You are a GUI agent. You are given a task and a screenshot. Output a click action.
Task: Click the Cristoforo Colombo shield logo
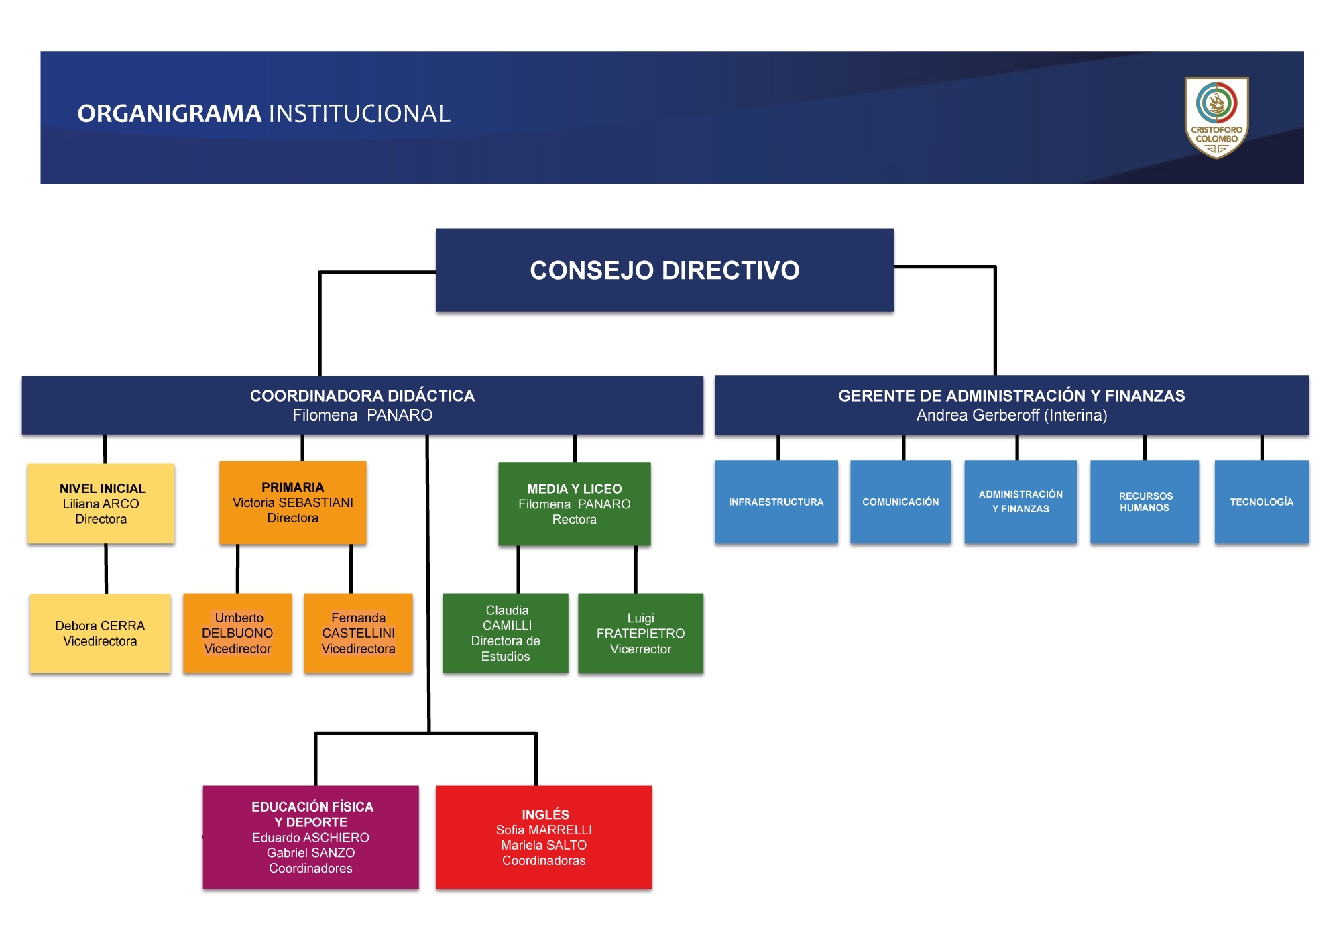(1216, 118)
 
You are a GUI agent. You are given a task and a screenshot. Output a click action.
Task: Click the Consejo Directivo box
(664, 270)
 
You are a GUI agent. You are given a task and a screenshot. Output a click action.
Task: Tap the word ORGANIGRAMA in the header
(169, 113)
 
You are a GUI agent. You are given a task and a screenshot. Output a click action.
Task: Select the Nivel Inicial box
(101, 503)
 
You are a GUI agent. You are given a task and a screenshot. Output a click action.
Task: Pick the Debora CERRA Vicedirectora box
(100, 633)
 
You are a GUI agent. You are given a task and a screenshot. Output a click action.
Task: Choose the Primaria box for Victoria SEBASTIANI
(293, 502)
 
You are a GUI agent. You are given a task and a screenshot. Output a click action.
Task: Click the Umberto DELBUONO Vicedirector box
(237, 633)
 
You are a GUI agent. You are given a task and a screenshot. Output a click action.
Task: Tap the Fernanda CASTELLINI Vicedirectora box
(358, 633)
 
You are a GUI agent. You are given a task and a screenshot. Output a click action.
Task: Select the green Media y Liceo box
(575, 504)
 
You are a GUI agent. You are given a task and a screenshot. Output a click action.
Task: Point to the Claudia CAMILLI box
(506, 633)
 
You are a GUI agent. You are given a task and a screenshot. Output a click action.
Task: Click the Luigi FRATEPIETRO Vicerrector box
(640, 633)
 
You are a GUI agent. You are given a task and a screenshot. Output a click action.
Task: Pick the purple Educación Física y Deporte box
(311, 837)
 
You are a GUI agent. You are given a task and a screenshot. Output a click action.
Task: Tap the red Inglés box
(544, 837)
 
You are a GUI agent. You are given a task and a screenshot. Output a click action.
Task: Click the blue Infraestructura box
(776, 502)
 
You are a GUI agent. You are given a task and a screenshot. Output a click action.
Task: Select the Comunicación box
(900, 502)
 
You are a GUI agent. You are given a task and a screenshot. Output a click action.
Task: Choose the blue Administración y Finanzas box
(1021, 502)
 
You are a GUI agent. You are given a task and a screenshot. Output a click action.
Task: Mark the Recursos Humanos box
(1145, 502)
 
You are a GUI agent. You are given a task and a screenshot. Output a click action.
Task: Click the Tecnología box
(1262, 502)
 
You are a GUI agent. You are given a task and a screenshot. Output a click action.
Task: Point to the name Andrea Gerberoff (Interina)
(1012, 415)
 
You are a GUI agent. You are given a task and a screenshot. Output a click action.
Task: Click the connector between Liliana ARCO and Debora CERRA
(106, 569)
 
